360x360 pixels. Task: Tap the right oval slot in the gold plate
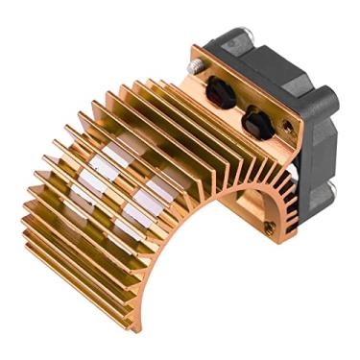pos(256,122)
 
